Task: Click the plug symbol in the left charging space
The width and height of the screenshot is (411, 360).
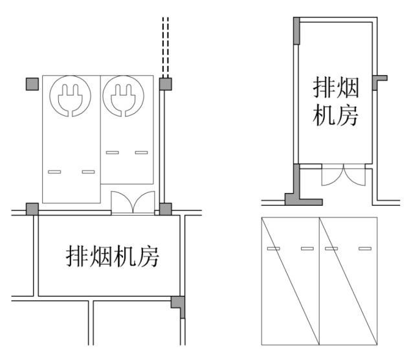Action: (x=71, y=96)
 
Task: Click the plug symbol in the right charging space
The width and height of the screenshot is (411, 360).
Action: (x=123, y=96)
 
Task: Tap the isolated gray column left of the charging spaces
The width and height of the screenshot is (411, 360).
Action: (x=32, y=84)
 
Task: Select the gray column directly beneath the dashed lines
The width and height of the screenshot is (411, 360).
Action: (x=166, y=84)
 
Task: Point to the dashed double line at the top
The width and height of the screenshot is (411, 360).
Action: (x=166, y=47)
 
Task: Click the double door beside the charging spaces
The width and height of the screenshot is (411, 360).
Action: (x=133, y=203)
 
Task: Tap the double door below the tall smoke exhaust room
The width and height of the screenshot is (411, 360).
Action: (x=344, y=175)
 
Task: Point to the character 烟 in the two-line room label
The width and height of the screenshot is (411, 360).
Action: (x=348, y=87)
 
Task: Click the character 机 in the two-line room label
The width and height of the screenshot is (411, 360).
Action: (x=324, y=115)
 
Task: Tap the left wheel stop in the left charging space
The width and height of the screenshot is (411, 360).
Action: (x=54, y=172)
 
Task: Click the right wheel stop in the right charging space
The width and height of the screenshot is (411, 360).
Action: (x=142, y=152)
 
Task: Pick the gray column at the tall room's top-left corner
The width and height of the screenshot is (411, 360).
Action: (x=296, y=30)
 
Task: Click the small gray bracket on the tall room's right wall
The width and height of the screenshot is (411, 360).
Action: (x=379, y=82)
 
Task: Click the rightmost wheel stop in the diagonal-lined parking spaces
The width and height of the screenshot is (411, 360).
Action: (x=365, y=249)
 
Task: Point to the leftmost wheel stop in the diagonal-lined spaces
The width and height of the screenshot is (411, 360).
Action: (x=273, y=249)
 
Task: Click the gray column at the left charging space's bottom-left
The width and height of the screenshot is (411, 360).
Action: (x=32, y=209)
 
